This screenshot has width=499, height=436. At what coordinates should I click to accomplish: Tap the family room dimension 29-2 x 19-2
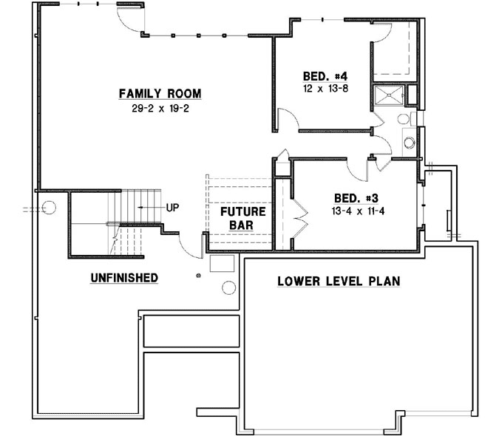(160, 109)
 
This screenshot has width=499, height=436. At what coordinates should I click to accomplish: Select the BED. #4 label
(325, 75)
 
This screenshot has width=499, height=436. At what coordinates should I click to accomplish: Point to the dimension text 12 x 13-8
(325, 89)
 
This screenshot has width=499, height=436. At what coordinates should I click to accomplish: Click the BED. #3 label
(356, 198)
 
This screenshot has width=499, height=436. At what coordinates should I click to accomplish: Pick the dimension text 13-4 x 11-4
(356, 211)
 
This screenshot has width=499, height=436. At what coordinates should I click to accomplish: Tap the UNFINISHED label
(123, 278)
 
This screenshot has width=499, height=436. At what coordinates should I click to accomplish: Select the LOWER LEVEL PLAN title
(339, 281)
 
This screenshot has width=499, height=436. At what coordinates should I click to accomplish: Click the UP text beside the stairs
(173, 207)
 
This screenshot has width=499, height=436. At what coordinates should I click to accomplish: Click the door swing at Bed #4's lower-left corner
(288, 120)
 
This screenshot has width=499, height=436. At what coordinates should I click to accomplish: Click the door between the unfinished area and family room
(191, 246)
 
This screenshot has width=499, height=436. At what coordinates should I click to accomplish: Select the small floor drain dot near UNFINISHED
(197, 276)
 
